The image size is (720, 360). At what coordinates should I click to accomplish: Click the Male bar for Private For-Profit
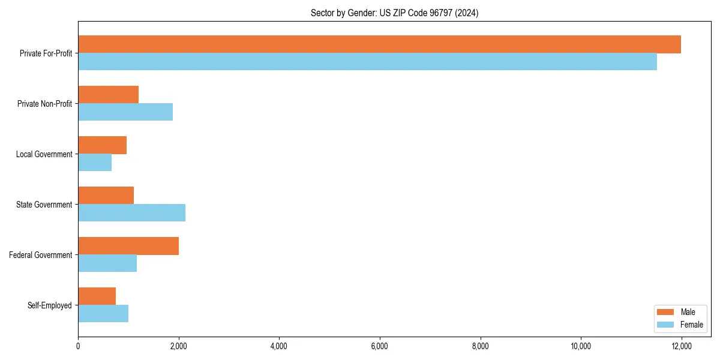click(379, 44)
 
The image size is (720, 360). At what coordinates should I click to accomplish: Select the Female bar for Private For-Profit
click(367, 62)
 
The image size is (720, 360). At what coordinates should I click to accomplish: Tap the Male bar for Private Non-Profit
click(108, 95)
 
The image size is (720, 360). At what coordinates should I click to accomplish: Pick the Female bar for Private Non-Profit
click(125, 112)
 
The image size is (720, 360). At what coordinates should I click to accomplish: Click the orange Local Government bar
click(102, 145)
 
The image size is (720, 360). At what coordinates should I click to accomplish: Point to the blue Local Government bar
click(95, 163)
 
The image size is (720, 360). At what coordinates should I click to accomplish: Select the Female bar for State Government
click(131, 213)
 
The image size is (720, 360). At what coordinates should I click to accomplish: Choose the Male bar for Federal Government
click(128, 246)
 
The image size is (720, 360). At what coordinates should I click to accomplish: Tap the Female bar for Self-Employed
click(103, 314)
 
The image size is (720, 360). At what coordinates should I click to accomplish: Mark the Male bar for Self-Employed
click(97, 296)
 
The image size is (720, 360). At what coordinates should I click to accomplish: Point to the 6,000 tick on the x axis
click(380, 346)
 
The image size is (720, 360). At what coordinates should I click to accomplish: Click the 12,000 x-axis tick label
click(682, 346)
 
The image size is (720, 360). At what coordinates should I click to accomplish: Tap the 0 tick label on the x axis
click(78, 346)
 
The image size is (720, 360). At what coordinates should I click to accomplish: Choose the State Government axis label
click(44, 205)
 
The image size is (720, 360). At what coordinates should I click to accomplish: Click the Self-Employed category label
click(49, 305)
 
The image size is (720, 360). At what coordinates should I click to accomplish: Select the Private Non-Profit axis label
click(44, 104)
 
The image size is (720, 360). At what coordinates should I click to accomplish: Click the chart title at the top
click(394, 13)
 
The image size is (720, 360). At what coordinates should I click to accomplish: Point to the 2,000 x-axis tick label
click(178, 346)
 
